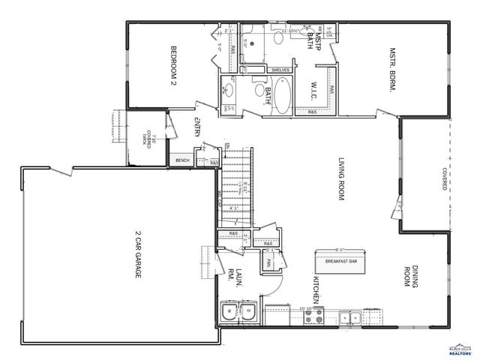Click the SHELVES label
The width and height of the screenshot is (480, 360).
280,70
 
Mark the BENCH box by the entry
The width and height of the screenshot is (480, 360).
182,160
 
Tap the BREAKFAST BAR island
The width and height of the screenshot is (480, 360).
340,261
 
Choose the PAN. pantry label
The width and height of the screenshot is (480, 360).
268,262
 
